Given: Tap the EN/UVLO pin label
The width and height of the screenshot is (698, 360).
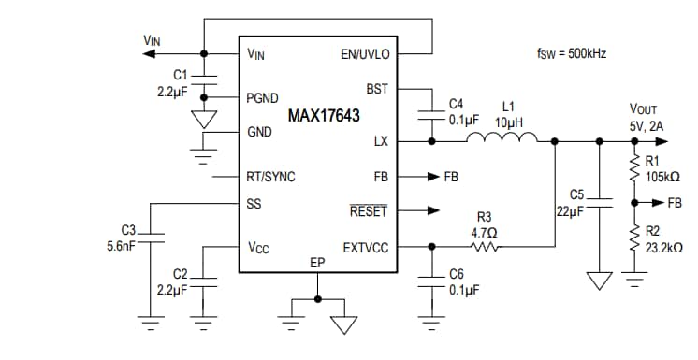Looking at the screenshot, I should point(364,55).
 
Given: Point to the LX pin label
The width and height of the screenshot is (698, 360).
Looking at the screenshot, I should point(380,142).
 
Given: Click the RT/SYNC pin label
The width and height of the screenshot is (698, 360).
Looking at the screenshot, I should point(270,176).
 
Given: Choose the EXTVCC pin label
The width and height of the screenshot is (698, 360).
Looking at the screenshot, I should point(365,248).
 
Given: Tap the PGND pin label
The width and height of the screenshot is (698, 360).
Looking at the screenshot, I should point(262,97).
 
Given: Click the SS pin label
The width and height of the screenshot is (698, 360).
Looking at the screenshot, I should point(254,204).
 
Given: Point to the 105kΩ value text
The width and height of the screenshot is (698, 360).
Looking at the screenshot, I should point(662,177).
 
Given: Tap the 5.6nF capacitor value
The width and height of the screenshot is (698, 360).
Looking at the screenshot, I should point(123,248).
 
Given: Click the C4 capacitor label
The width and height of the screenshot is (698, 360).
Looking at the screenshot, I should point(456,103).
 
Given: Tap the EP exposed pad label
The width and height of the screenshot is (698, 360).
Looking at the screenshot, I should point(317,264).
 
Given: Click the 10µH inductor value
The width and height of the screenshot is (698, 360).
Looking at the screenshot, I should point(508,122).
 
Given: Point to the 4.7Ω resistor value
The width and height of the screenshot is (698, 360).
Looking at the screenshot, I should point(484,232).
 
